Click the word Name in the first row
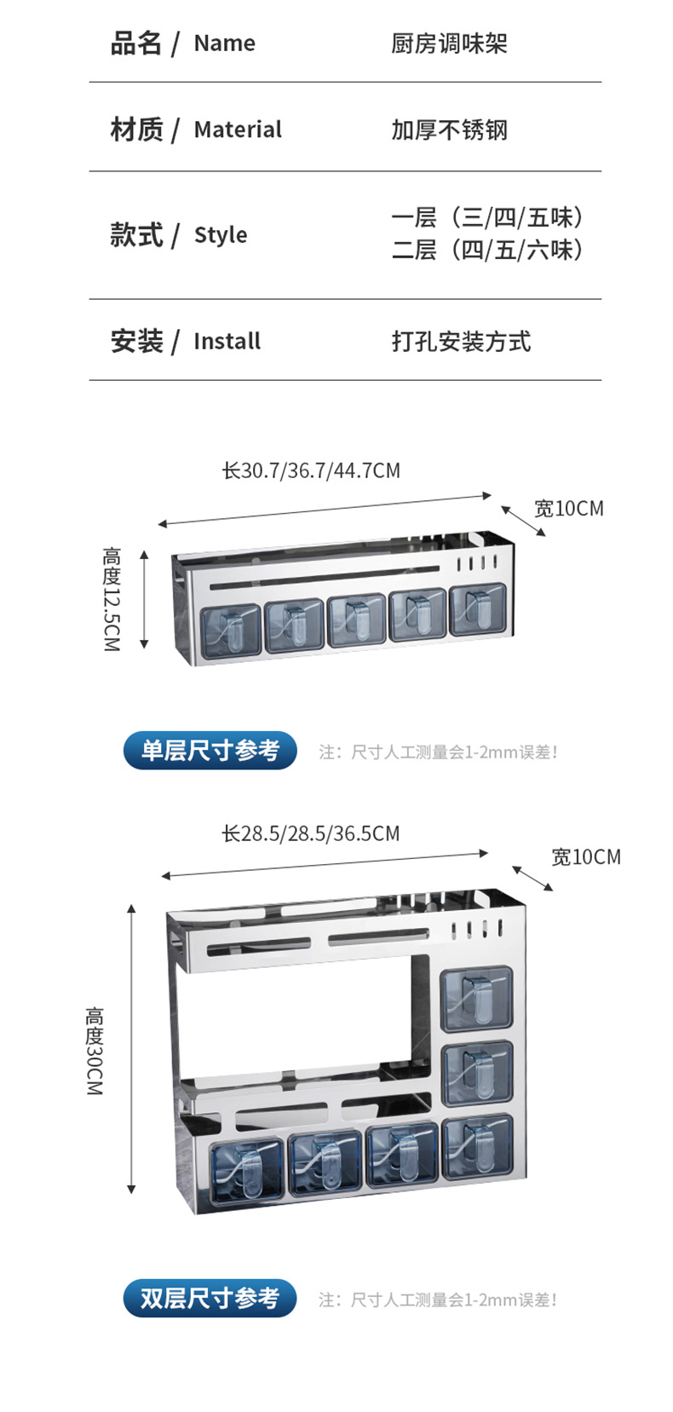tap(224, 43)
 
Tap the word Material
tap(238, 130)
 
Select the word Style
tap(221, 235)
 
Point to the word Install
tap(227, 342)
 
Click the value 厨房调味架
tap(449, 43)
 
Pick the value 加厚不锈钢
tap(449, 130)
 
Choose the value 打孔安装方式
tap(461, 342)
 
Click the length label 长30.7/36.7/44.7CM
tap(311, 470)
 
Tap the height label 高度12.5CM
tap(112, 599)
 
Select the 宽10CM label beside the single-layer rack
tap(568, 509)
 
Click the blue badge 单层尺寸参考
tap(210, 751)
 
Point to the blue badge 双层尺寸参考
tap(210, 1299)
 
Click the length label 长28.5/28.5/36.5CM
tap(311, 833)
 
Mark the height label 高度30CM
tap(95, 1051)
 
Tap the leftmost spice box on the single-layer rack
tap(230, 630)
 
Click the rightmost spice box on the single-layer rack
tap(477, 609)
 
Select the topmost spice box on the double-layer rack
tap(477, 998)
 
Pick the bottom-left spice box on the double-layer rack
tap(246, 1166)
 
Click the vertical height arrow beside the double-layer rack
tap(131, 1048)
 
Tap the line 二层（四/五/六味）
tap(487, 250)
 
